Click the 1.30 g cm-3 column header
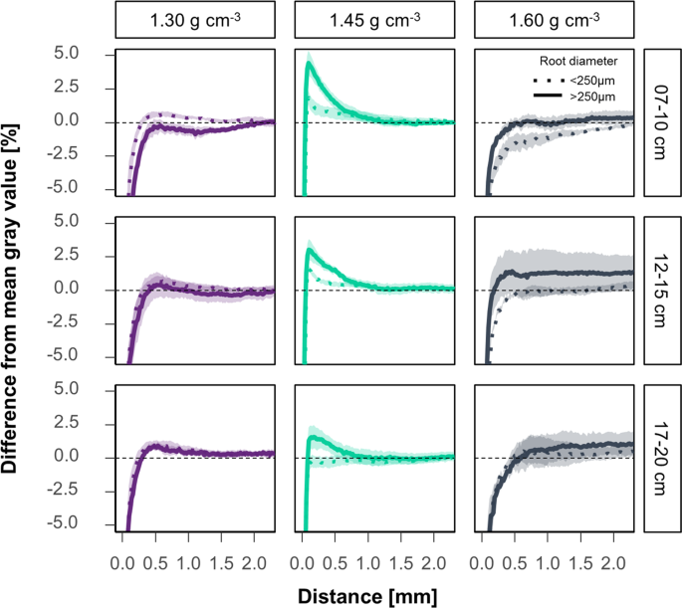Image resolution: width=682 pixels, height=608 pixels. (195, 20)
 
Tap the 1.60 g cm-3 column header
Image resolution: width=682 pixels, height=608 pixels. (554, 20)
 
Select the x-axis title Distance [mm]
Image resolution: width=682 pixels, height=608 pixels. (373, 593)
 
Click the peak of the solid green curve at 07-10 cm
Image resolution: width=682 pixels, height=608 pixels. (310, 64)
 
